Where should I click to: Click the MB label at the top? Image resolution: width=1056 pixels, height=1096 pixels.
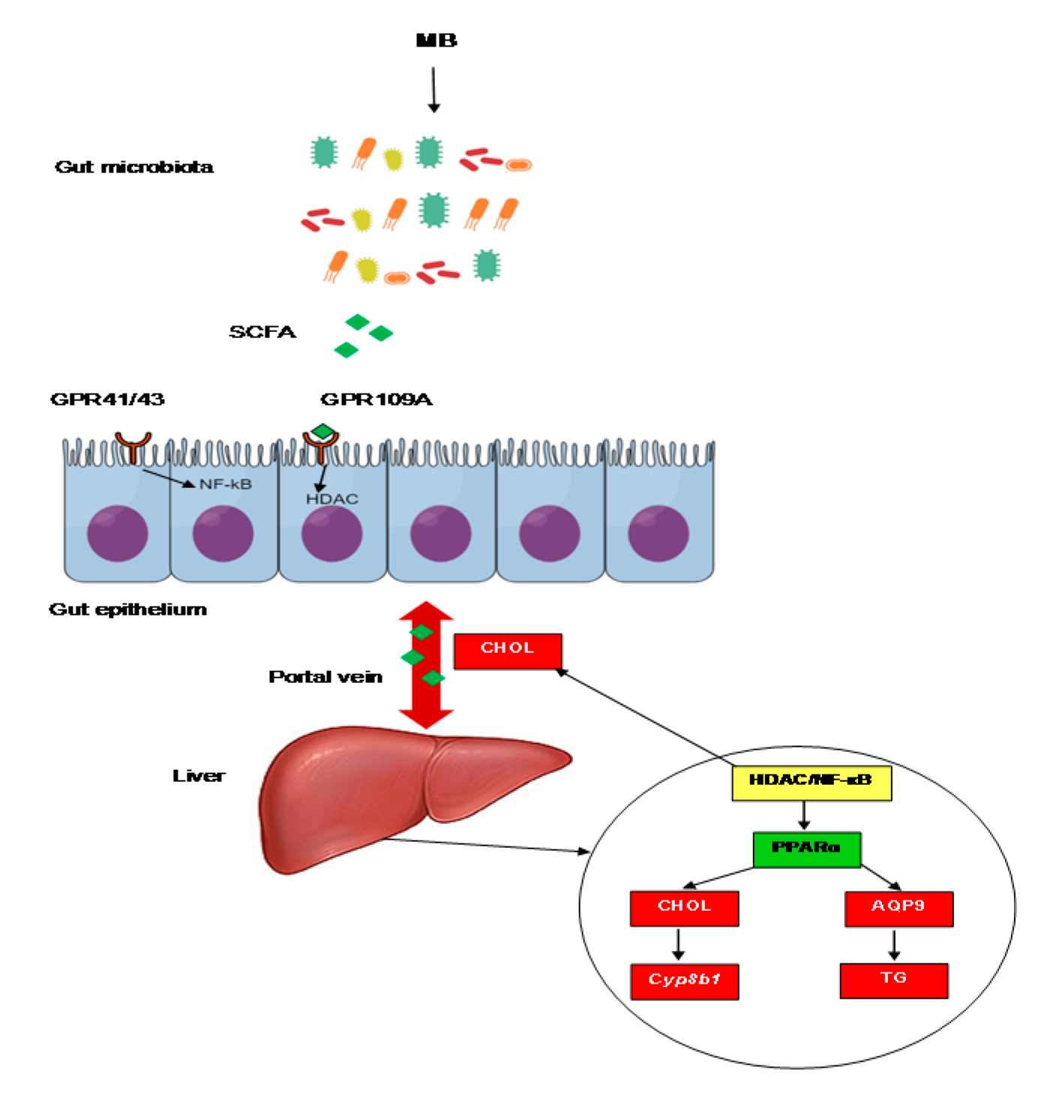pyautogui.click(x=436, y=40)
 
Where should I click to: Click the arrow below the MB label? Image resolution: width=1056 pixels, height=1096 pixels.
pyautogui.click(x=433, y=89)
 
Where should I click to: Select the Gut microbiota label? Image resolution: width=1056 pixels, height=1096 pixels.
pyautogui.click(x=134, y=167)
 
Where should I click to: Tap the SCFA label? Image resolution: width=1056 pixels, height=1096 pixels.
pyautogui.click(x=262, y=332)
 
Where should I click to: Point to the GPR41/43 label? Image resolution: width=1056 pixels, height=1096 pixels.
pyautogui.click(x=107, y=400)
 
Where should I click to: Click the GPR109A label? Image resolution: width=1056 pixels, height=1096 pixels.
pyautogui.click(x=376, y=400)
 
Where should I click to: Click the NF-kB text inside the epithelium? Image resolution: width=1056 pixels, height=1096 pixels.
pyautogui.click(x=225, y=484)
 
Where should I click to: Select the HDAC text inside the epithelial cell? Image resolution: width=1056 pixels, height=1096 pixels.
pyautogui.click(x=332, y=499)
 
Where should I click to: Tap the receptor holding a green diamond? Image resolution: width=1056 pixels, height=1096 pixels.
pyautogui.click(x=322, y=445)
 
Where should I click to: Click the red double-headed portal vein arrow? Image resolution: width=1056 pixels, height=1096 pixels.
pyautogui.click(x=426, y=665)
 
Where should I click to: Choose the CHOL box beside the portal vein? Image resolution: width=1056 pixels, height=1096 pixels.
pyautogui.click(x=508, y=650)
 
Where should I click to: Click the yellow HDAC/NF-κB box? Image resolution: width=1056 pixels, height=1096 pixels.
pyautogui.click(x=811, y=783)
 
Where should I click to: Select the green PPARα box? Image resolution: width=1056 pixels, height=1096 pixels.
pyautogui.click(x=806, y=849)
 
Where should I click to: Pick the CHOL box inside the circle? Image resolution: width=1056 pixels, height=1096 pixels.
pyautogui.click(x=684, y=908)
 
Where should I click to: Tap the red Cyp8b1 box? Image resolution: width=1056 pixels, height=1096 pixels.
pyautogui.click(x=684, y=981)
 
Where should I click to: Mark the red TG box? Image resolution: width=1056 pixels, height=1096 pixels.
pyautogui.click(x=894, y=980)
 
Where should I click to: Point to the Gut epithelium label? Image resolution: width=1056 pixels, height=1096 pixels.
pyautogui.click(x=127, y=609)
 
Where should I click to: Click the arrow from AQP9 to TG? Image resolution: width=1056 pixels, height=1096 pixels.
pyautogui.click(x=894, y=945)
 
